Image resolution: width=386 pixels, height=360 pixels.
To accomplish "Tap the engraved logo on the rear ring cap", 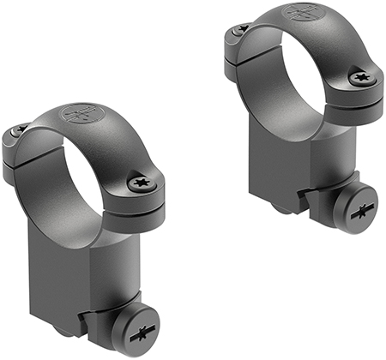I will point(301,15).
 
